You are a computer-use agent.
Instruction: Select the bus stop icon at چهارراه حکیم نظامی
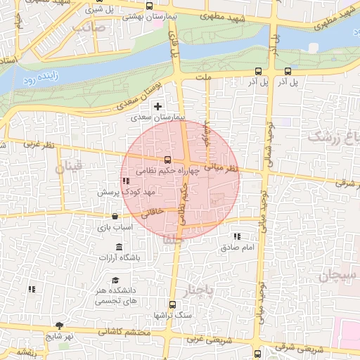coord(167,160)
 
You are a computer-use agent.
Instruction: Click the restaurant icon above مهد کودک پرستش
coord(126,181)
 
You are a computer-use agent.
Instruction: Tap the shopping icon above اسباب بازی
coord(115,217)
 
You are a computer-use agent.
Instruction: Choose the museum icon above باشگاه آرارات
coord(118,247)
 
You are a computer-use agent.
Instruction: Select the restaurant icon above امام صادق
coord(236,236)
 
